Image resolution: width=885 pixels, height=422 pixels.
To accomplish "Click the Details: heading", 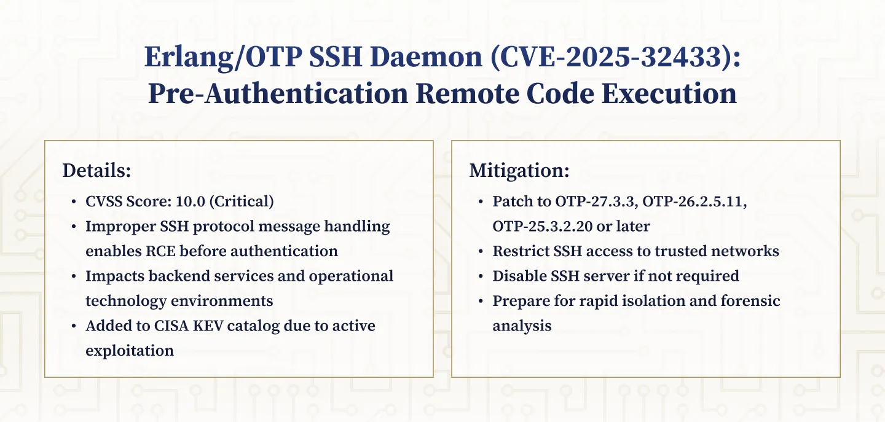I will pyautogui.click(x=96, y=171).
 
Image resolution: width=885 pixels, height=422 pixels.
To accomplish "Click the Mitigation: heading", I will pyautogui.click(x=519, y=171).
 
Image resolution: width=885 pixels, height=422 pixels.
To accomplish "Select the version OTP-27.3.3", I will pyautogui.click(x=576, y=201).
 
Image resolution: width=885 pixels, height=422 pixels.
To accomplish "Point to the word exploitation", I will pyautogui.click(x=130, y=350).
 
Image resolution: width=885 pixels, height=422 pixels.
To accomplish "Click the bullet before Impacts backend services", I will pyautogui.click(x=74, y=276).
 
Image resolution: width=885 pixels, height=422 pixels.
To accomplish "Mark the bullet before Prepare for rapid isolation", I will pyautogui.click(x=481, y=300).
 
